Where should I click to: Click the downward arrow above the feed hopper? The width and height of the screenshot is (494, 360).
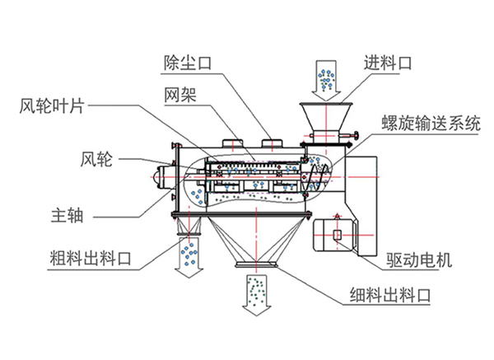coord(325,79)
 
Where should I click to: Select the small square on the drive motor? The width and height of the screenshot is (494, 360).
coord(337,236)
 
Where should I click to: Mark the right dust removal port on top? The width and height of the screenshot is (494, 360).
coord(270,145)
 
